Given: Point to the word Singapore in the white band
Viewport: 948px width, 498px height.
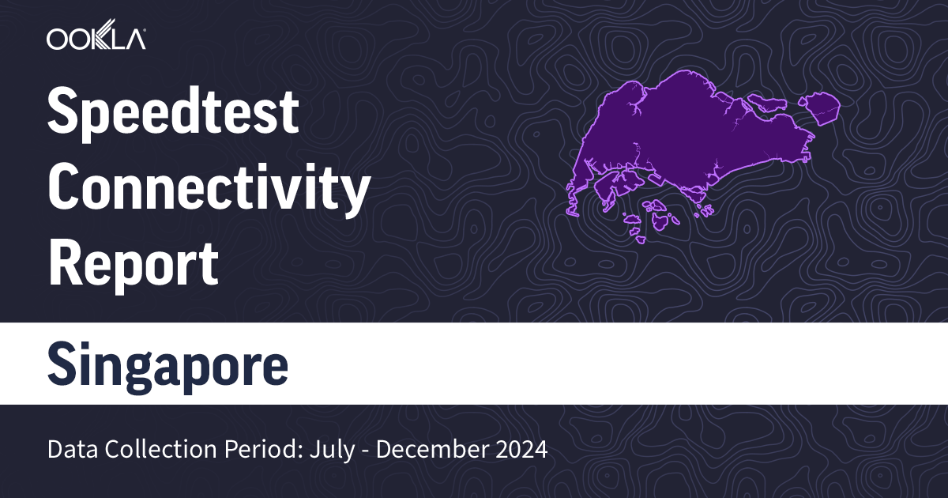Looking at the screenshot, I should pyautogui.click(x=167, y=364).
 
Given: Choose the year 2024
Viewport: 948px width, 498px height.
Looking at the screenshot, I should pyautogui.click(x=517, y=450).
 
